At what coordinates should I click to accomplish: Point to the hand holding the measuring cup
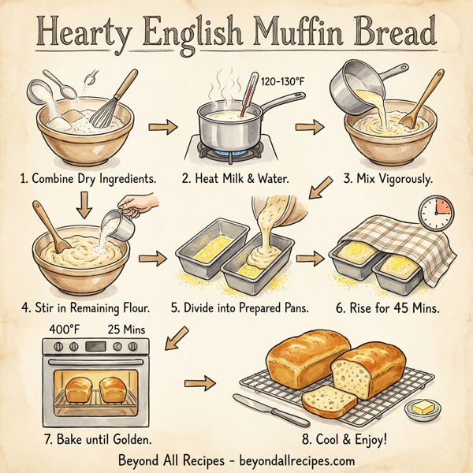click(143, 206)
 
